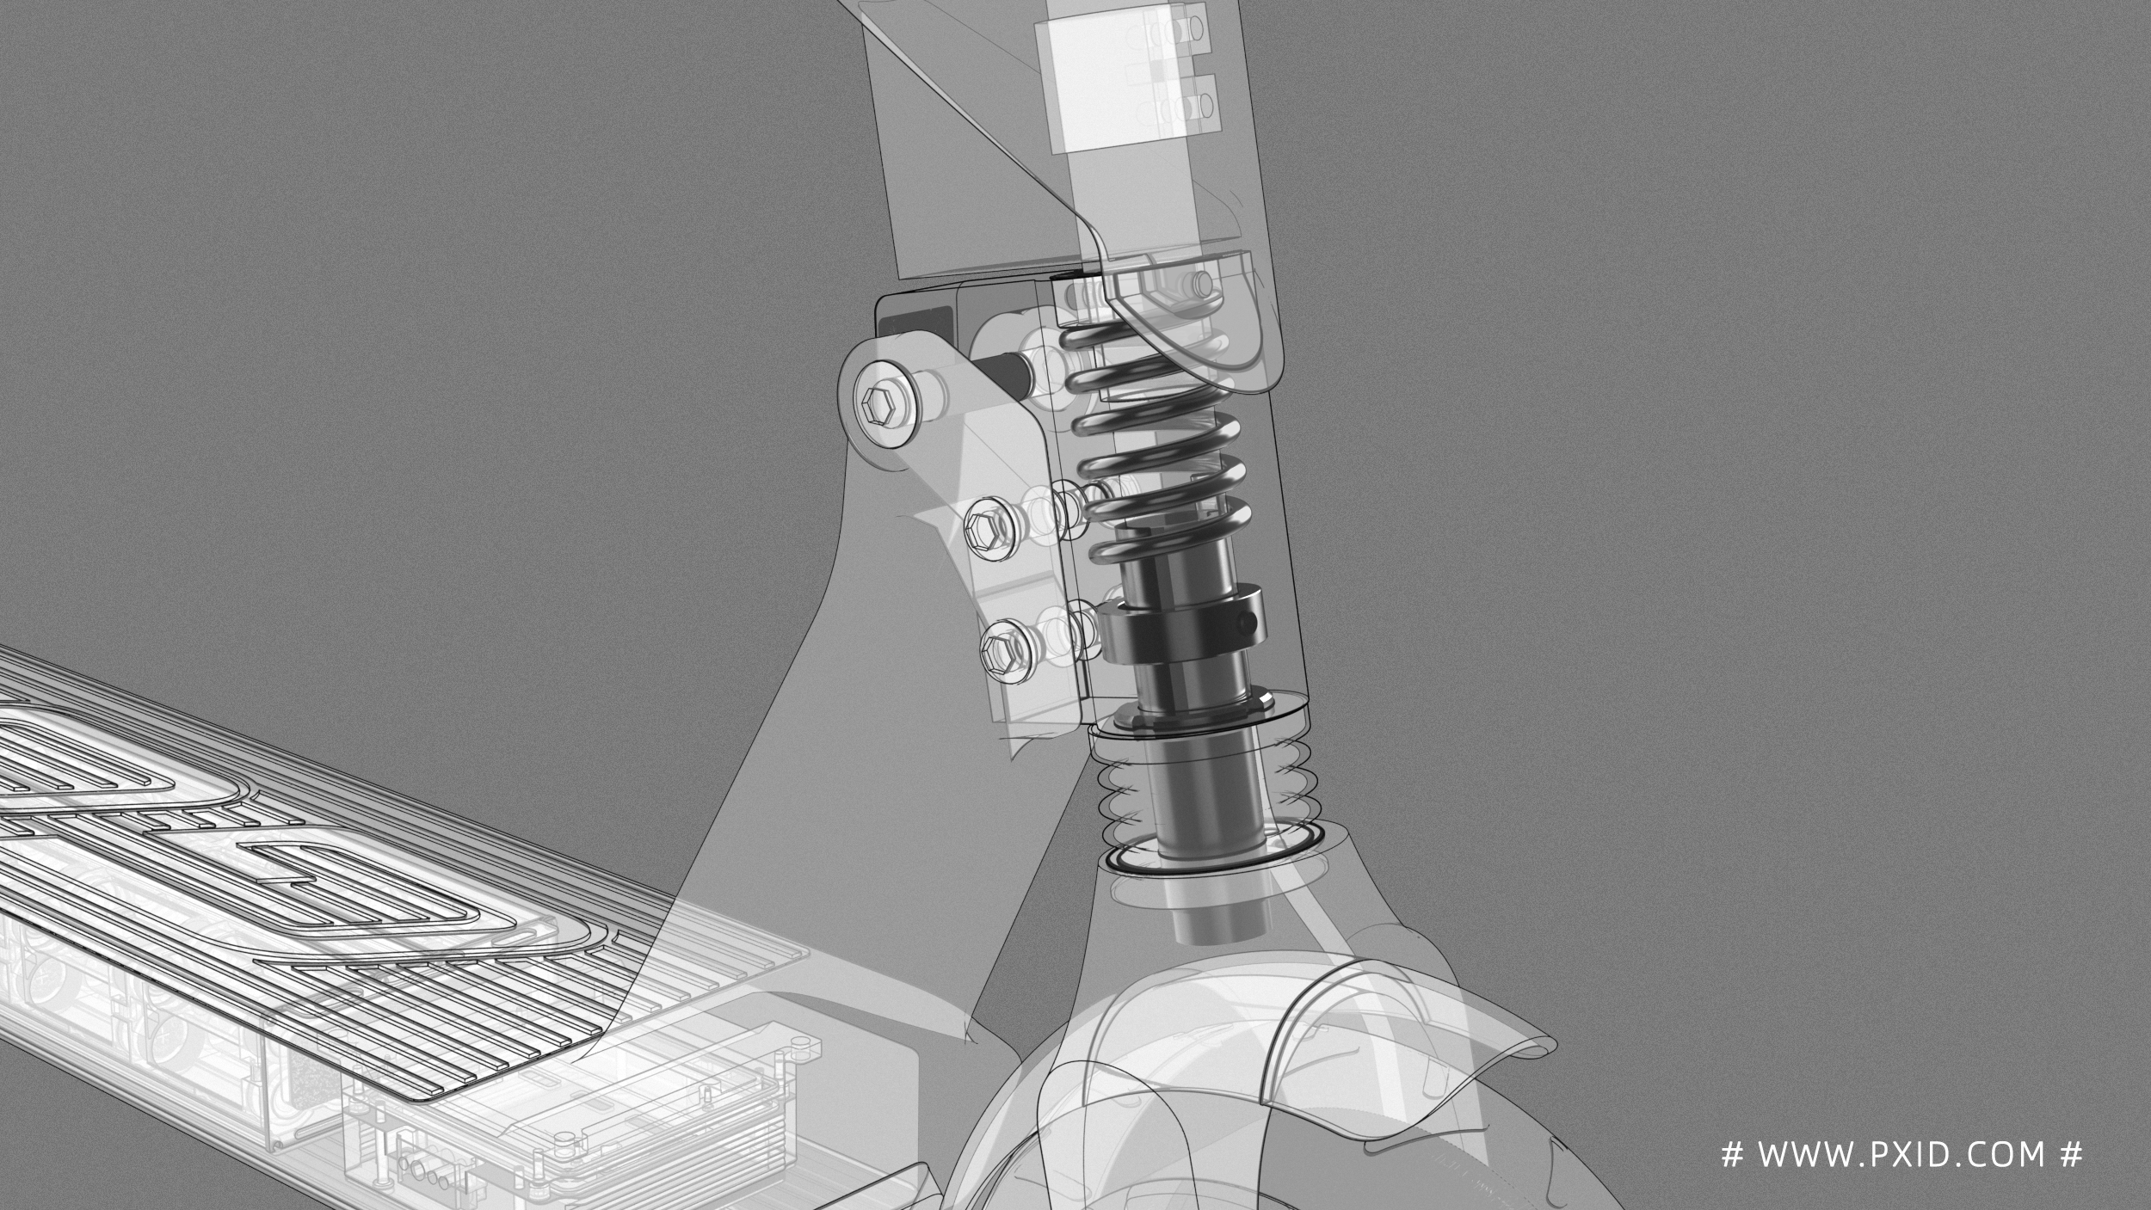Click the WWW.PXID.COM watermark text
(1901, 1154)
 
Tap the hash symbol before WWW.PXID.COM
(1730, 1154)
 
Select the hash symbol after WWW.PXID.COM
(2072, 1154)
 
